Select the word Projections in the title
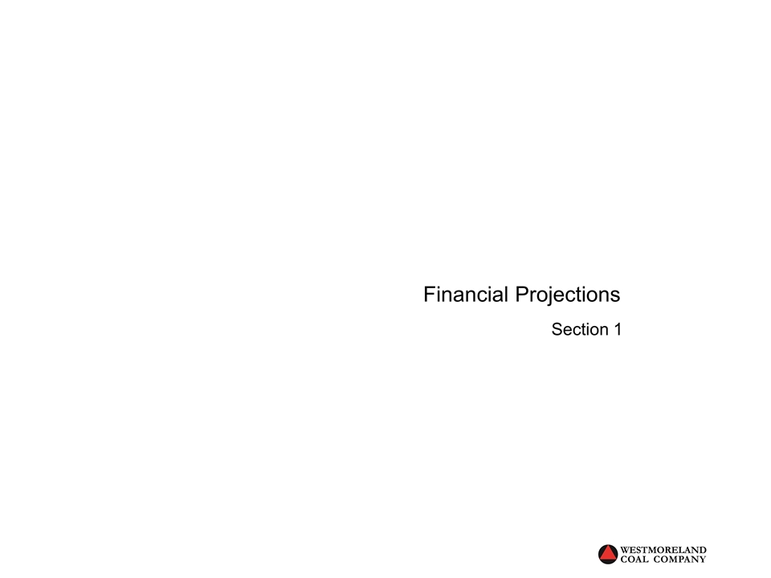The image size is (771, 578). coord(567,295)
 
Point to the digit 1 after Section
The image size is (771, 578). coord(617,329)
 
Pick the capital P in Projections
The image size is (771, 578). coord(521,295)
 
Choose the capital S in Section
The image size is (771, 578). coord(557,329)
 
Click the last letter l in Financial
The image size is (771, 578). coord(506,295)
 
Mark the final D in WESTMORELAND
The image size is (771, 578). coord(703,550)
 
